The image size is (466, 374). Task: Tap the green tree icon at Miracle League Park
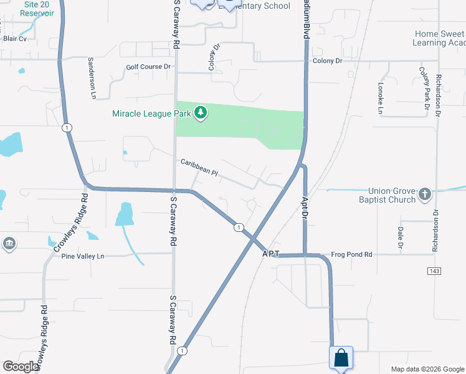[x=201, y=113]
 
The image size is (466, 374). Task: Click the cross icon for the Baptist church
[x=425, y=194]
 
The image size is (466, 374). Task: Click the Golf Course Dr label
[x=148, y=67]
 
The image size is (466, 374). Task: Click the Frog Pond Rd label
[x=351, y=254]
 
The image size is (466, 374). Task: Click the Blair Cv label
[x=15, y=38]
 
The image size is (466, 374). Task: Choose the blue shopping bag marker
[x=341, y=358]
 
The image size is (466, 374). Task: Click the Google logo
[x=21, y=367]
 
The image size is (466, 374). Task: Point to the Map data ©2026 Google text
[x=427, y=369]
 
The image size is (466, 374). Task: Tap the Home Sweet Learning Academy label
[x=439, y=38]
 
